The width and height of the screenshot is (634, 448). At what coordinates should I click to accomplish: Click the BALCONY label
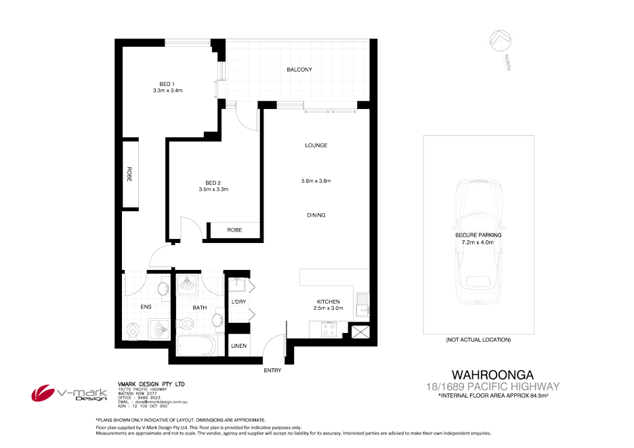[x=299, y=70]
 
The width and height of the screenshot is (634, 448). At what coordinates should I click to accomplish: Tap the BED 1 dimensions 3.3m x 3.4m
[x=168, y=91]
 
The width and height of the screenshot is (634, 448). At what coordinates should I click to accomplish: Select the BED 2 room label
[x=213, y=182]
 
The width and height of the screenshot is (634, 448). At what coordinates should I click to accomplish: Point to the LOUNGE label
[x=316, y=145]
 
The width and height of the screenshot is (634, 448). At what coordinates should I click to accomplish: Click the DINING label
[x=316, y=215]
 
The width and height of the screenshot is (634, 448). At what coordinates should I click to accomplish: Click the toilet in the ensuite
[x=133, y=332]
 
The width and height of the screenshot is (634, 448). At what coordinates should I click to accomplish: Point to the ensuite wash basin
[x=163, y=290]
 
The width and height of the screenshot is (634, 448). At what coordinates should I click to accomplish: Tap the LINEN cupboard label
[x=238, y=346]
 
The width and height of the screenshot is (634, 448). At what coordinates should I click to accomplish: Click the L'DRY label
[x=238, y=301]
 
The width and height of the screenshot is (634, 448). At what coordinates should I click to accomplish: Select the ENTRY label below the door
[x=272, y=370]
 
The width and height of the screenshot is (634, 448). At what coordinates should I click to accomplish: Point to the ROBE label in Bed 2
[x=234, y=230]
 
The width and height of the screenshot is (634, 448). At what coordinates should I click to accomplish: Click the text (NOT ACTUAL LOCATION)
[x=478, y=339]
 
